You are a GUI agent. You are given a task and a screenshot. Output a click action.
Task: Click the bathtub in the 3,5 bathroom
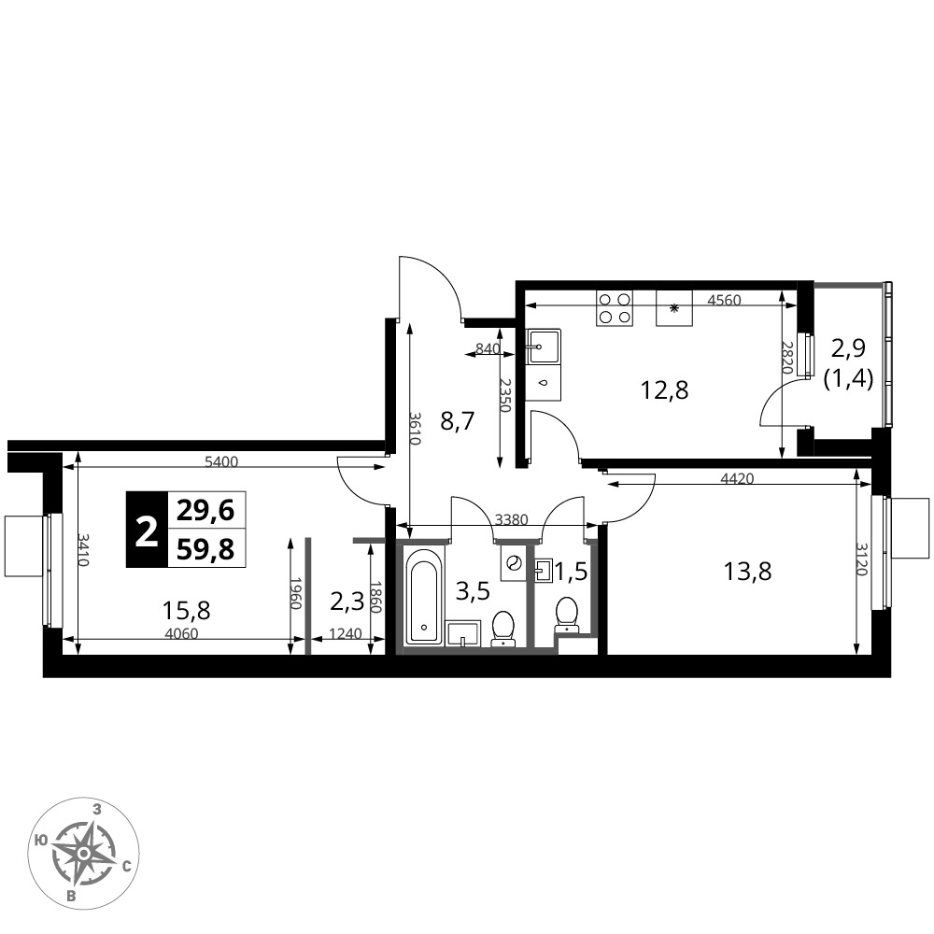[x=425, y=596]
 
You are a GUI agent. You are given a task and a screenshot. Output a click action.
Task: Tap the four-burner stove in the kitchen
[x=615, y=308]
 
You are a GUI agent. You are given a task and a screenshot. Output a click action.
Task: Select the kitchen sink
[x=543, y=347]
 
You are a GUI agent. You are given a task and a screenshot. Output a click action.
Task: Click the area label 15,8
[x=187, y=610]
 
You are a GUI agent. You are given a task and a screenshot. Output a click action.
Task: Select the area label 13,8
[x=747, y=572]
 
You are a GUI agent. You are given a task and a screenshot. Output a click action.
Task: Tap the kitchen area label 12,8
[x=664, y=390]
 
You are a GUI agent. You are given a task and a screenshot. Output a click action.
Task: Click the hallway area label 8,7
[x=457, y=422]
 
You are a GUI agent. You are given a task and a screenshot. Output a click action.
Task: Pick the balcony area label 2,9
[x=848, y=347]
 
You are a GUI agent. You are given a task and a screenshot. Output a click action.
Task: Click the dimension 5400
[x=221, y=461]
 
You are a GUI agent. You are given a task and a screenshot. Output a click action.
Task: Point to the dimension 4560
[x=725, y=301]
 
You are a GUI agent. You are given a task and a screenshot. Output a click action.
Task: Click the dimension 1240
[x=345, y=634]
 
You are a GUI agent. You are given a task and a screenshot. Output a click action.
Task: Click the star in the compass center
[x=85, y=854]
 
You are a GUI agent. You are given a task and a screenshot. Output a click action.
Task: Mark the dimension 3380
[x=512, y=520]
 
